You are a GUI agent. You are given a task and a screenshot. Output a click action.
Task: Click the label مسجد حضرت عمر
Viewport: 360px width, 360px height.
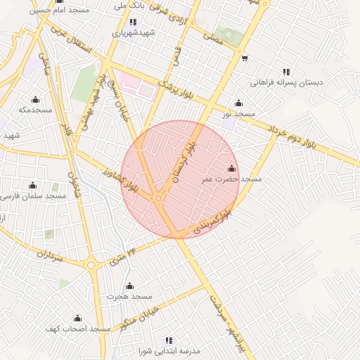point(232,180)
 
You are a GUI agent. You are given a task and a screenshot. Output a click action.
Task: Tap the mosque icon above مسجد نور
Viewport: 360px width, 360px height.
point(238,103)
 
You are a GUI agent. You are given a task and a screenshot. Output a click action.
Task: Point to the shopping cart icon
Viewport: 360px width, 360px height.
point(244,58)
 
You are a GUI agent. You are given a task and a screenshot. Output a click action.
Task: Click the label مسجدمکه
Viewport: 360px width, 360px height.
point(36,110)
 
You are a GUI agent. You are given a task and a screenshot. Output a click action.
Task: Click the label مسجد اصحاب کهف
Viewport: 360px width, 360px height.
point(78,329)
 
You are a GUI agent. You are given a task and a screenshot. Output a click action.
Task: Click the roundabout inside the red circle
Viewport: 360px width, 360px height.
point(160,198)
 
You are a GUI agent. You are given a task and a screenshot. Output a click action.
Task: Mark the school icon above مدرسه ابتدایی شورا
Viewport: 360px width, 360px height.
point(169,340)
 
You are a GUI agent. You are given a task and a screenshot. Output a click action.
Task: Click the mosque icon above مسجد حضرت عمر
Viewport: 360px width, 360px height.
point(232,169)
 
